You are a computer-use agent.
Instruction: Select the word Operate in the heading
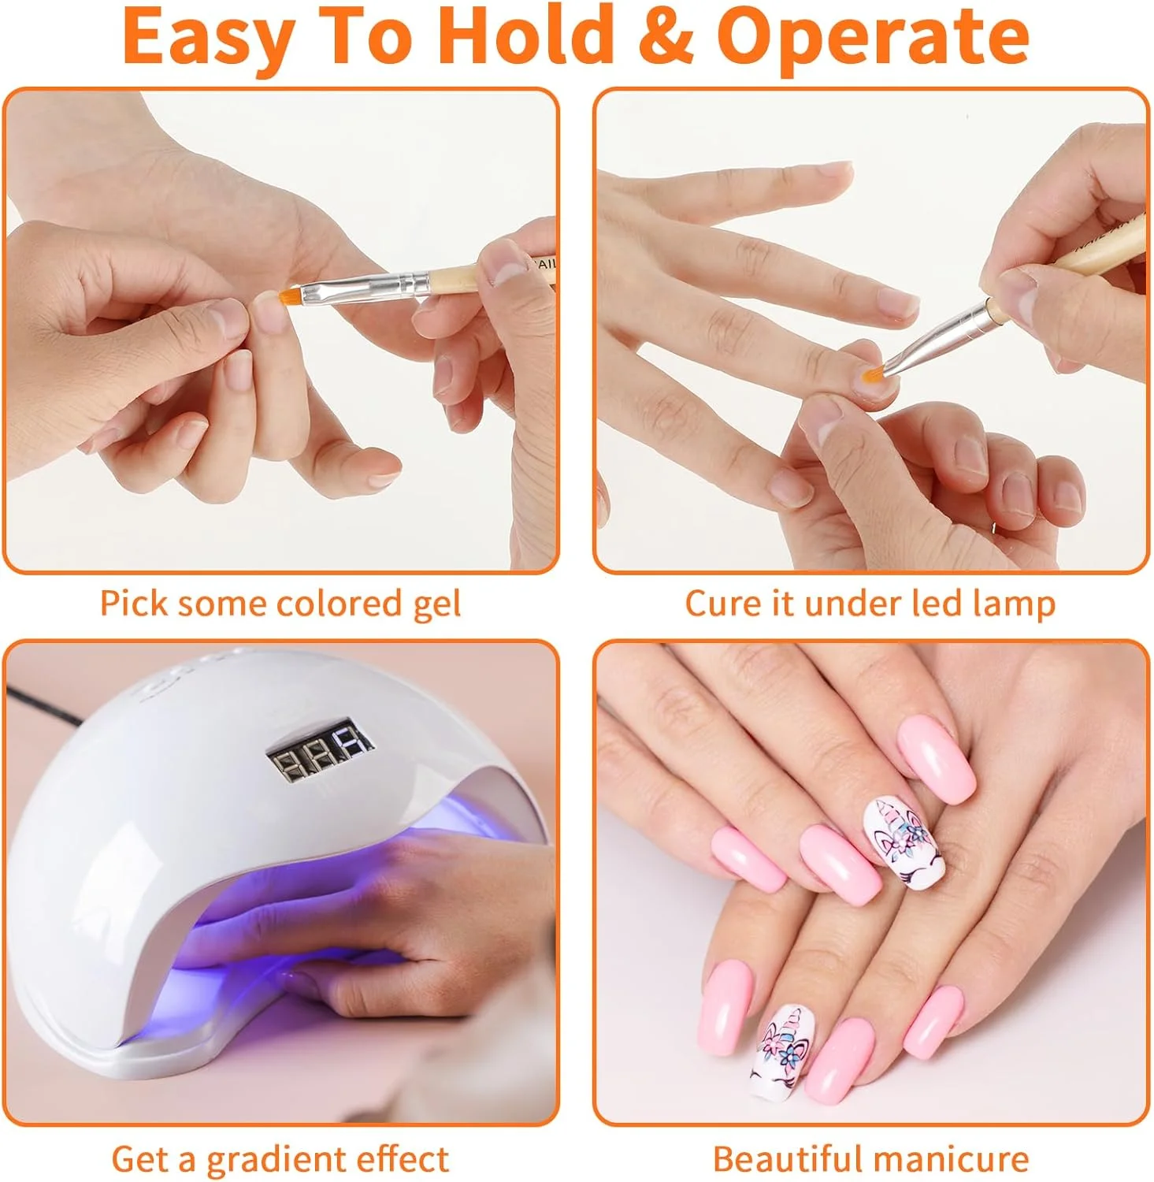tap(874, 39)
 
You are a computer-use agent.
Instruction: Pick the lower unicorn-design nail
tap(779, 1052)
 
